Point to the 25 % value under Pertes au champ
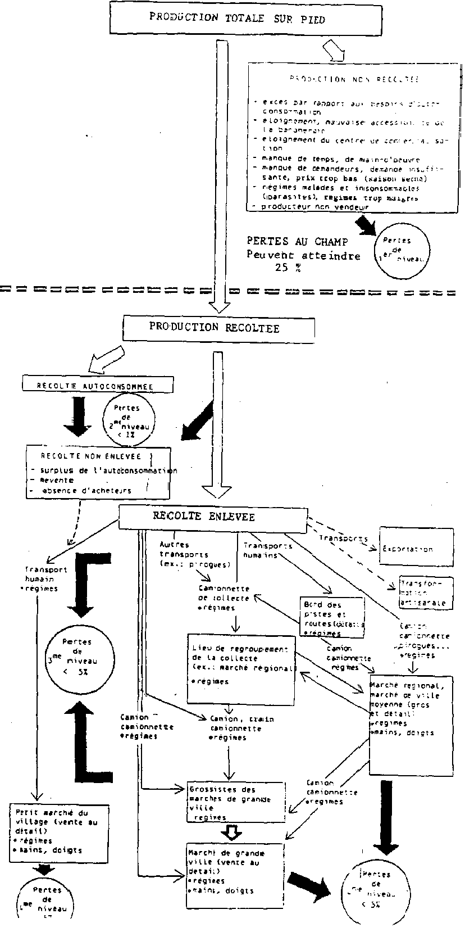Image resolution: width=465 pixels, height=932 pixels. pyautogui.click(x=288, y=268)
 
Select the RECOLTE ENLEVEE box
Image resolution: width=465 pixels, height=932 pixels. pyautogui.click(x=213, y=517)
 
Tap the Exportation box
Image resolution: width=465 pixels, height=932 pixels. pyautogui.click(x=416, y=548)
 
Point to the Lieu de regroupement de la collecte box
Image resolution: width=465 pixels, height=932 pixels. pyautogui.click(x=241, y=669)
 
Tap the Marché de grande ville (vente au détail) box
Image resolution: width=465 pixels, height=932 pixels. pyautogui.click(x=235, y=874)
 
